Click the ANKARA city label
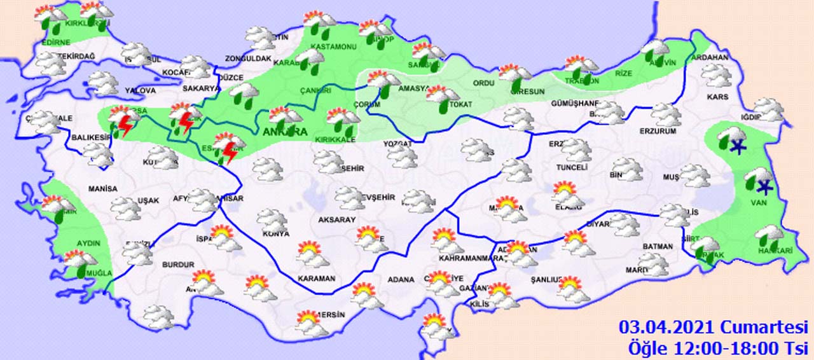tap(285, 132)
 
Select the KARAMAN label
tap(316, 279)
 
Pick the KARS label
tap(717, 97)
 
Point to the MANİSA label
tap(103, 189)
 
